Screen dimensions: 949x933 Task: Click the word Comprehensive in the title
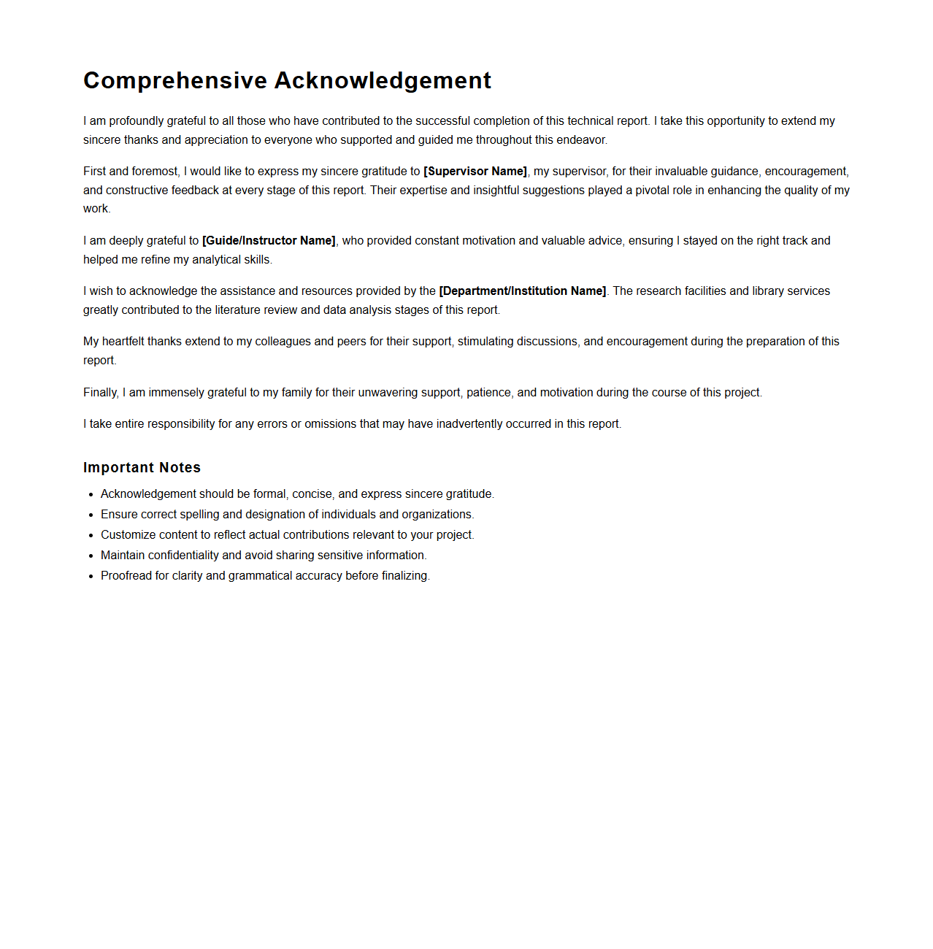[175, 80]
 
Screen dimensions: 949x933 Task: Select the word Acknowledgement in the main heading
[383, 80]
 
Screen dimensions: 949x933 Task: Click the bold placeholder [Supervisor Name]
[475, 172]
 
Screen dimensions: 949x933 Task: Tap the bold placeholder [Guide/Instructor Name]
[269, 241]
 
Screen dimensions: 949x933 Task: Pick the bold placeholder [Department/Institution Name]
[523, 291]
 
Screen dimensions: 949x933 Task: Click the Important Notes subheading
[142, 468]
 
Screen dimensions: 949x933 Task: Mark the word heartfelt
[123, 342]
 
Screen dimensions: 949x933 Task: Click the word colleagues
[283, 342]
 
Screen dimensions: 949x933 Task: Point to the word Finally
[101, 393]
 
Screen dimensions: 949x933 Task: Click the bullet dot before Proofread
[91, 577]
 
